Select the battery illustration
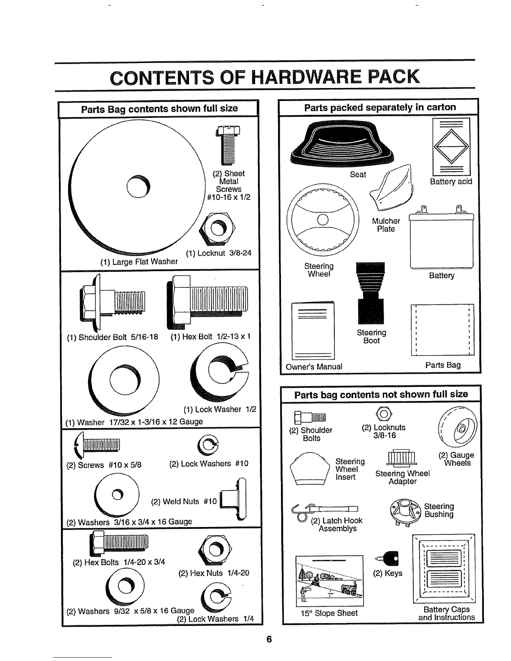442,237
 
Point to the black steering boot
370,293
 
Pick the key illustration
387,558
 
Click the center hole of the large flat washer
139,186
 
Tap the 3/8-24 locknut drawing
218,229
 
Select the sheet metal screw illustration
228,145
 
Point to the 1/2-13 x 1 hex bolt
207,302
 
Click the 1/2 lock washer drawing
220,372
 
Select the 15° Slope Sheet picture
330,581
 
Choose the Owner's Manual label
314,367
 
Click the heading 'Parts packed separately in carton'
380,107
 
